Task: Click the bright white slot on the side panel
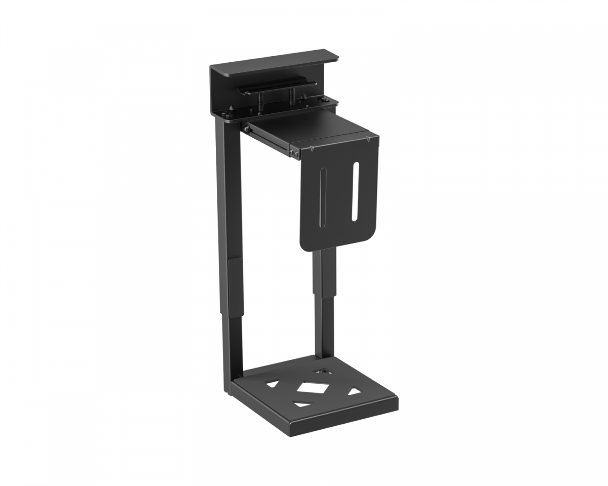[x=355, y=191]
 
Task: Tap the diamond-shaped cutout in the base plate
[x=313, y=388]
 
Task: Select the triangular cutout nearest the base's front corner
[x=302, y=404]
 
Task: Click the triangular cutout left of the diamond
[x=273, y=384]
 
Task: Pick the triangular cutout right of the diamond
[x=354, y=391]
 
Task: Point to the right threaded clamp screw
[x=292, y=96]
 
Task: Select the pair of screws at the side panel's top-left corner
[x=294, y=150]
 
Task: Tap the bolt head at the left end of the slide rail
[x=246, y=129]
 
